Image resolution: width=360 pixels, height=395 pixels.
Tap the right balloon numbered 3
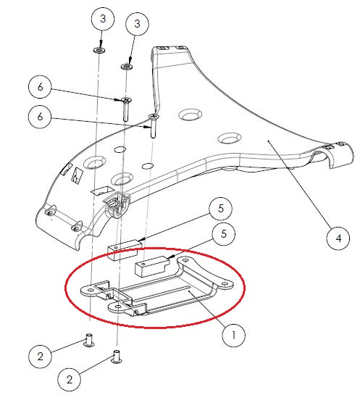pos(135,24)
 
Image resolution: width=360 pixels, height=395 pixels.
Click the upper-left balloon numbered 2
pos(41,355)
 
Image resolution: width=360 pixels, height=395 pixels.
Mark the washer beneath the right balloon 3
pos(126,66)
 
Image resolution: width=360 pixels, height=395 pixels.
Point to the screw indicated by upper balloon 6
pos(125,108)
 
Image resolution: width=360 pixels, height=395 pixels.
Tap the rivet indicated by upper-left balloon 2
pos(87,340)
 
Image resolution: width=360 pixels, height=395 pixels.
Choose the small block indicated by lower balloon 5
pos(151,269)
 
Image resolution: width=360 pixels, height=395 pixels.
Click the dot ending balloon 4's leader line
pos(269,141)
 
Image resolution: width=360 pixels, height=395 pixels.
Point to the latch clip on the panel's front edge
pos(116,207)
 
